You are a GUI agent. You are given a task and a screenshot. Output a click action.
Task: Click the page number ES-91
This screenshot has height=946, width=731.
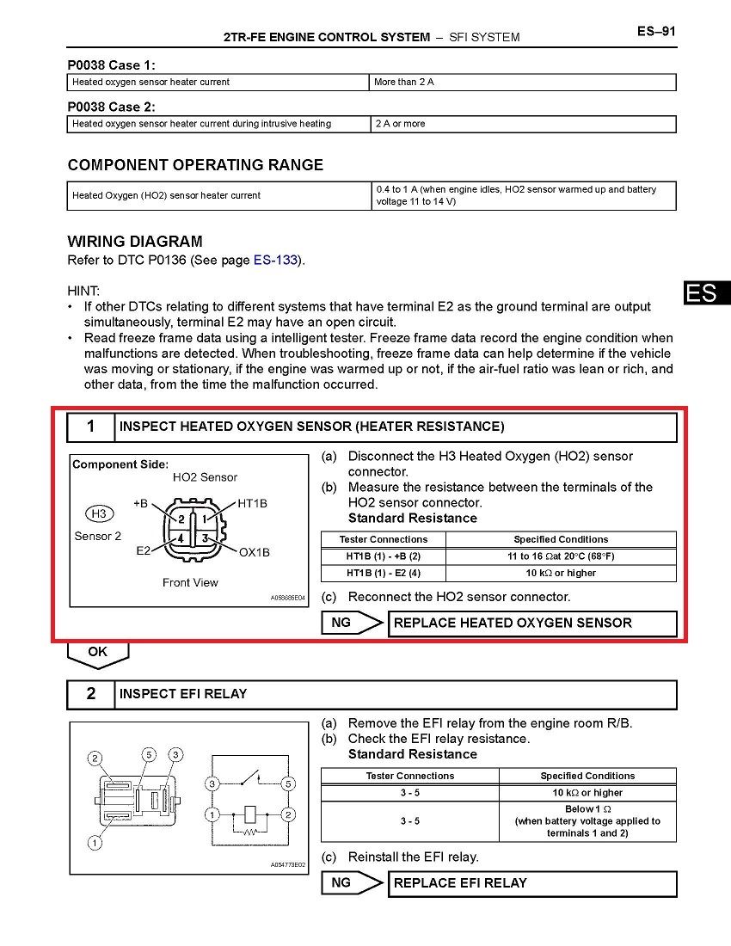click(x=656, y=32)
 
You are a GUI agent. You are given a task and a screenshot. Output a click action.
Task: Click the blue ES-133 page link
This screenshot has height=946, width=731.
click(x=275, y=260)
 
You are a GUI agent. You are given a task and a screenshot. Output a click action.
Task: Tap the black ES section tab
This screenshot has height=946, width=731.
click(x=703, y=292)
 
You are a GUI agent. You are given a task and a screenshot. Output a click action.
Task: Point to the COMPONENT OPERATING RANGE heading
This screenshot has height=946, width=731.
click(x=195, y=165)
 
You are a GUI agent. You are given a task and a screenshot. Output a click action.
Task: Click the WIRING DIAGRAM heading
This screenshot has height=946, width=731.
click(x=135, y=242)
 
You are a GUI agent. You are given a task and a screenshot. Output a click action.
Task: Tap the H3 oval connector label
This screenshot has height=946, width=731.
click(x=99, y=514)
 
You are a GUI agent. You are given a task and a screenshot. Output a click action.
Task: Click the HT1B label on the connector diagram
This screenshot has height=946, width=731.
click(x=251, y=503)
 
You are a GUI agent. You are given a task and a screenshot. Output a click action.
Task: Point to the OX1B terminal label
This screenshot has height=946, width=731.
click(x=254, y=552)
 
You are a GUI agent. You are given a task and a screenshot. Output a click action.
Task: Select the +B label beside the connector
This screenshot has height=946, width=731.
click(x=141, y=502)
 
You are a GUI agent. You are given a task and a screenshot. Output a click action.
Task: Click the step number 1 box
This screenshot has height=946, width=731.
click(x=91, y=427)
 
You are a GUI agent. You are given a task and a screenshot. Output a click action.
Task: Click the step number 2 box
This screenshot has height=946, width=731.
click(x=91, y=694)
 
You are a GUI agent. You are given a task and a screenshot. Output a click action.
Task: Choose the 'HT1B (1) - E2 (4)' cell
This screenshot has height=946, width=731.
click(x=384, y=573)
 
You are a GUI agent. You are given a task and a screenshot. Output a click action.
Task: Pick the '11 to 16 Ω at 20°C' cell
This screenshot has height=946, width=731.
click(x=561, y=556)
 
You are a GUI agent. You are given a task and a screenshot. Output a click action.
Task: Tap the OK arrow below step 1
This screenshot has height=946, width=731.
click(x=98, y=653)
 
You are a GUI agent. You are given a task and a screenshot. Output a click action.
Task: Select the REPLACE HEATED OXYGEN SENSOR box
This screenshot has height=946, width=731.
click(x=532, y=623)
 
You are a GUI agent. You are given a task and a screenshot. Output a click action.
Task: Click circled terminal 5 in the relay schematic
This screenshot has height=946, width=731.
click(x=289, y=783)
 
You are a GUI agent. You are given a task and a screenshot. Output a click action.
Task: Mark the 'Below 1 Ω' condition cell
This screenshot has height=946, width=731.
click(x=587, y=821)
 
